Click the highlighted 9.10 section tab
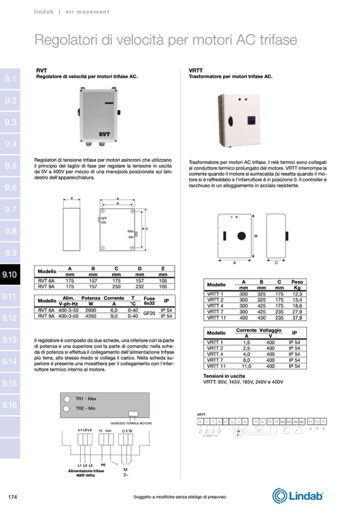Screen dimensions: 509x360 click(x=10, y=274)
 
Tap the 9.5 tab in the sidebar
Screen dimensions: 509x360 click(x=10, y=166)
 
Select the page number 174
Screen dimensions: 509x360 click(x=13, y=497)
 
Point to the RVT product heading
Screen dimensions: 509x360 click(x=41, y=70)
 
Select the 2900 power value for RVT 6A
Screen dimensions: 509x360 click(x=91, y=310)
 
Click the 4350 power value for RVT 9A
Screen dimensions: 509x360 click(x=91, y=316)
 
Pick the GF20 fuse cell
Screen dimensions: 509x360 click(x=149, y=313)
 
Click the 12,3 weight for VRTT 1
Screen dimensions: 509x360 click(x=297, y=294)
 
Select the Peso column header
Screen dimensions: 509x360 click(x=297, y=281)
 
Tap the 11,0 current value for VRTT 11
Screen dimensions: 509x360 click(x=246, y=366)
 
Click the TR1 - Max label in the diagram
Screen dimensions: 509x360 click(x=85, y=399)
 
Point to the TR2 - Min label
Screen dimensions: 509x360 click(x=85, y=408)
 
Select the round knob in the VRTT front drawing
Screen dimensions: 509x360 click(x=242, y=236)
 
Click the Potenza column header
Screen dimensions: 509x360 click(x=91, y=298)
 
